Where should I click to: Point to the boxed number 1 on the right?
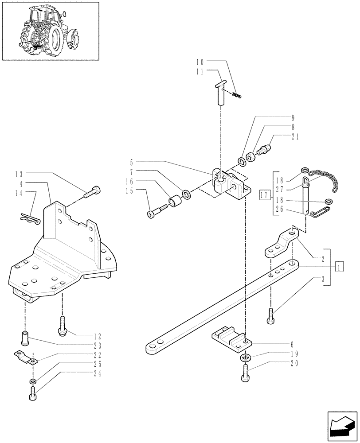339,268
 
